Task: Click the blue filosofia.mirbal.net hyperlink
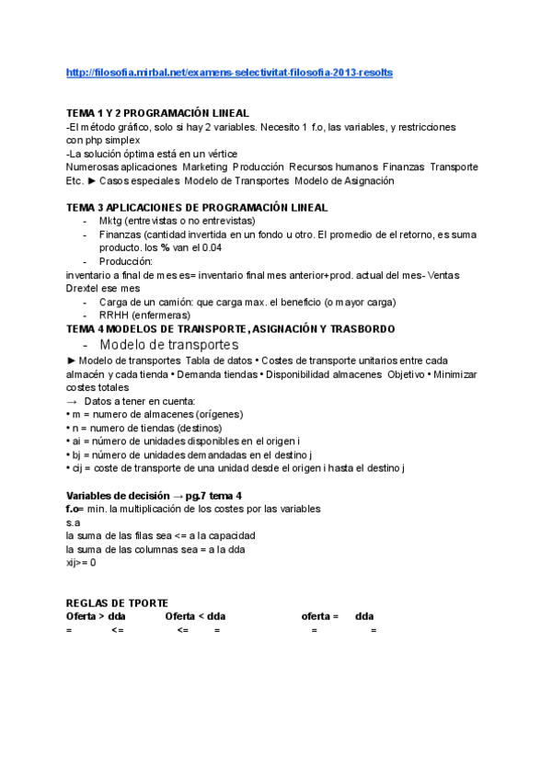tap(230, 72)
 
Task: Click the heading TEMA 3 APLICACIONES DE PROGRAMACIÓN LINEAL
tap(197, 208)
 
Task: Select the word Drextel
tap(86, 288)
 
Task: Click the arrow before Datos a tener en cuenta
tap(73, 401)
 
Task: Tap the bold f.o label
tap(75, 509)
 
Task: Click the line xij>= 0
tap(81, 562)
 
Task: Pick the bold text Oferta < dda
tap(195, 615)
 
